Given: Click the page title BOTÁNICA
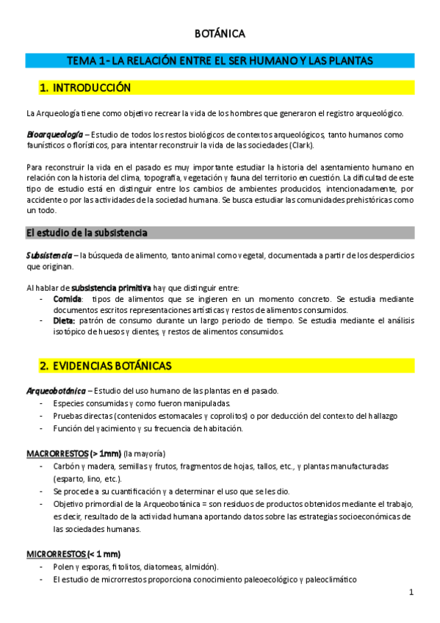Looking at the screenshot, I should (220, 33).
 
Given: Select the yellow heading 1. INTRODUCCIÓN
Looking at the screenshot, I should (85, 88).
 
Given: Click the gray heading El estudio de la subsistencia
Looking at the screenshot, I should (87, 233).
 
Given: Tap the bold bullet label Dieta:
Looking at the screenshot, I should (64, 321).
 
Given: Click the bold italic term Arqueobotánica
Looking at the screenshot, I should (56, 390).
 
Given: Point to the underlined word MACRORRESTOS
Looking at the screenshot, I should (57, 453).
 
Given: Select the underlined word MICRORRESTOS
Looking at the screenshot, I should (56, 553).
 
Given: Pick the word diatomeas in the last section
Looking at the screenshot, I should (155, 566).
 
